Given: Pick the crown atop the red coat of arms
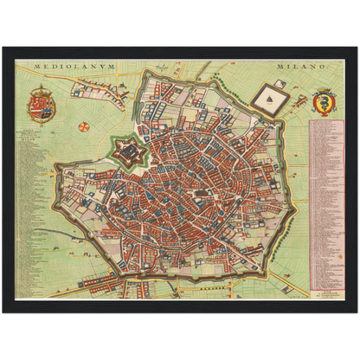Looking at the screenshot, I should [42, 92].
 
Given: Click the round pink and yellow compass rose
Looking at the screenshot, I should [84, 126].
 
